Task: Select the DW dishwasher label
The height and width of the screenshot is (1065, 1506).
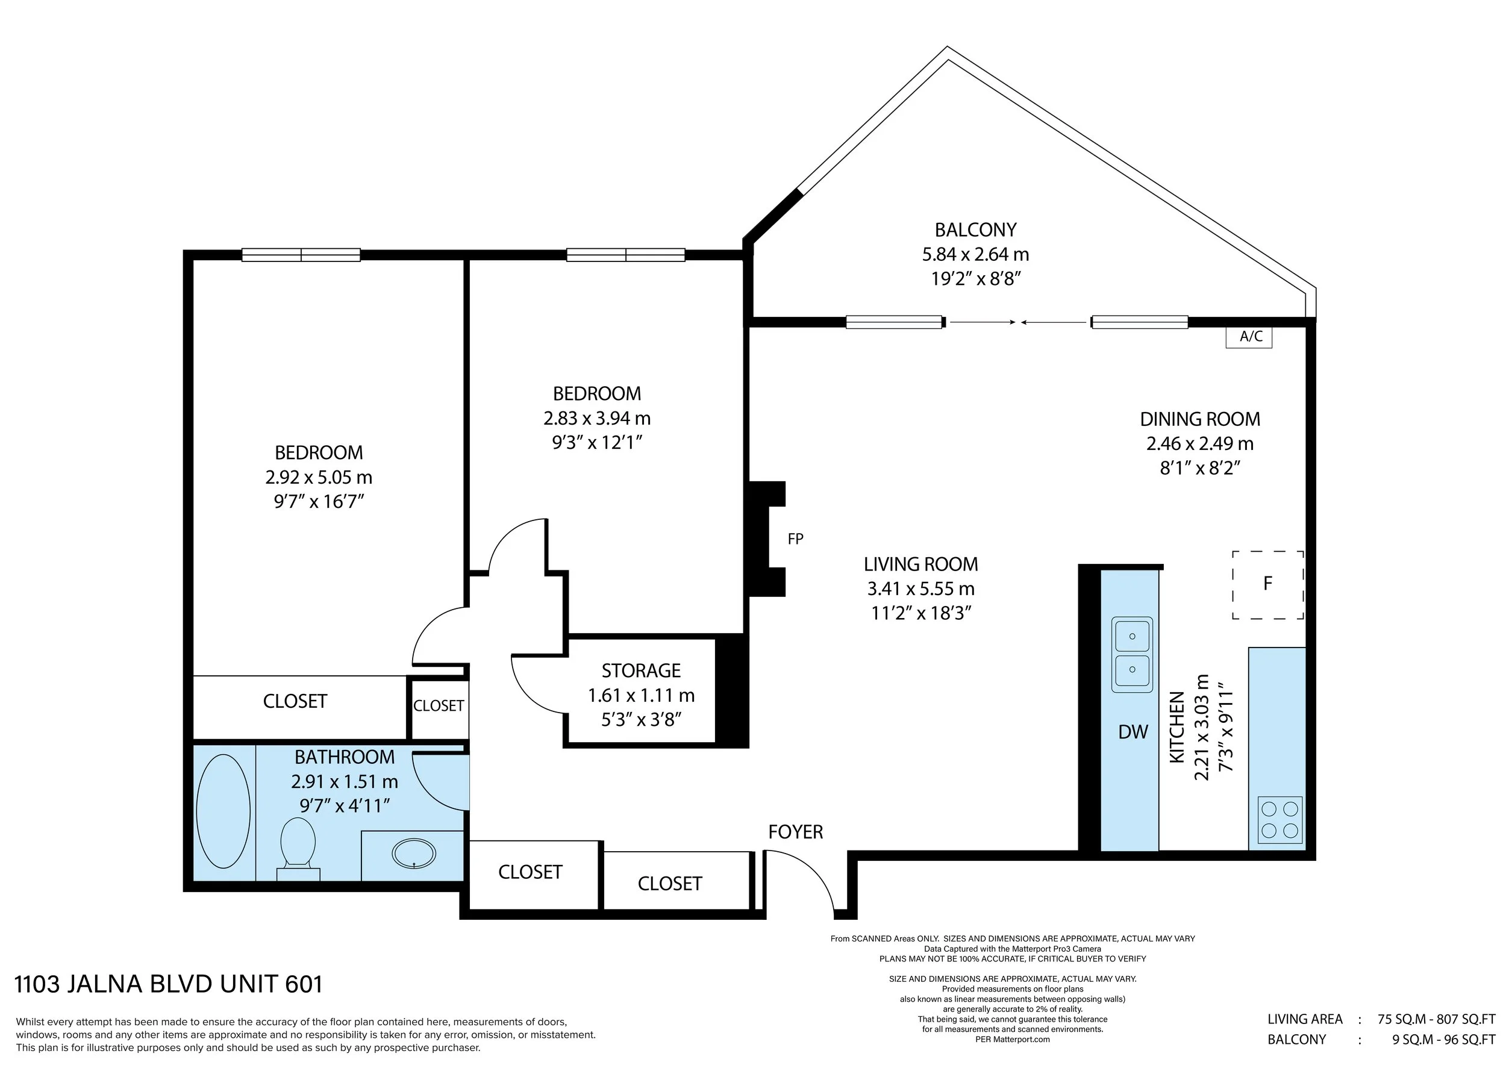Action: click(1133, 732)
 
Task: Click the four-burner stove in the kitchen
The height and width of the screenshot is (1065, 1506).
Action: click(1279, 820)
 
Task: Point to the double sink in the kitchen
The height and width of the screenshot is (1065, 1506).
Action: click(1132, 654)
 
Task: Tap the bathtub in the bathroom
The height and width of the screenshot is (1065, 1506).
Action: click(223, 811)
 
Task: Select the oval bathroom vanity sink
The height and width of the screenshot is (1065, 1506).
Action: click(413, 853)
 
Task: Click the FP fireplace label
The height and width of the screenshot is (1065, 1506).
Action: click(795, 539)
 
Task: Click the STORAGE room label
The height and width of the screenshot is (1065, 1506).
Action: click(641, 670)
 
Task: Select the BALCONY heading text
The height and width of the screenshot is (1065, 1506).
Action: click(975, 230)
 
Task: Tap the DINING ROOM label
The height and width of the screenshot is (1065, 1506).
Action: click(1200, 419)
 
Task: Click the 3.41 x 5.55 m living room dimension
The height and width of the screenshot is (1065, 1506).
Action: click(921, 589)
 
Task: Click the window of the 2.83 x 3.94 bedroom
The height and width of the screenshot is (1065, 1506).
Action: click(625, 254)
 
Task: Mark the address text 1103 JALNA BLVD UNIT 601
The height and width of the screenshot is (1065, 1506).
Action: click(169, 984)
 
